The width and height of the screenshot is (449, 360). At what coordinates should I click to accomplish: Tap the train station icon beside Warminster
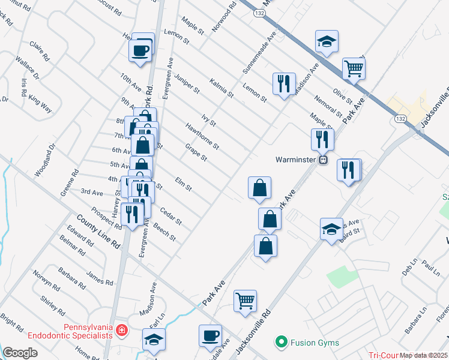pos(323,160)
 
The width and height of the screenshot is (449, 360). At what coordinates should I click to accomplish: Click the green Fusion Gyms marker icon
pos(280,343)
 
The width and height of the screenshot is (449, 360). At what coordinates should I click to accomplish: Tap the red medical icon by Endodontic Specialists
pos(122,329)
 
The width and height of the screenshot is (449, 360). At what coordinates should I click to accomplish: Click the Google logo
pos(20,353)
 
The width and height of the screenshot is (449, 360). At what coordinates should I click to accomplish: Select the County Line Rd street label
pos(90,229)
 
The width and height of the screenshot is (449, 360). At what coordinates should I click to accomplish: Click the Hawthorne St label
pos(202,137)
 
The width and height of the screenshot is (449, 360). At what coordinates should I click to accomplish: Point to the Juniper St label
pos(187,84)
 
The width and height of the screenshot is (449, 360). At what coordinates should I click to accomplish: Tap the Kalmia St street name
pos(221,87)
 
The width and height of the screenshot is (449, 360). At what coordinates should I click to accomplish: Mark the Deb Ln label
pos(409,269)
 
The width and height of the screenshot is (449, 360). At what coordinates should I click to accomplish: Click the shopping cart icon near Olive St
pos(354,68)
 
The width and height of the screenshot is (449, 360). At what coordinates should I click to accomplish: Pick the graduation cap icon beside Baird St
pos(331,229)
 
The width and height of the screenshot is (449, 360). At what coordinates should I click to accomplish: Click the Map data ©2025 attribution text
pos(424,356)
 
